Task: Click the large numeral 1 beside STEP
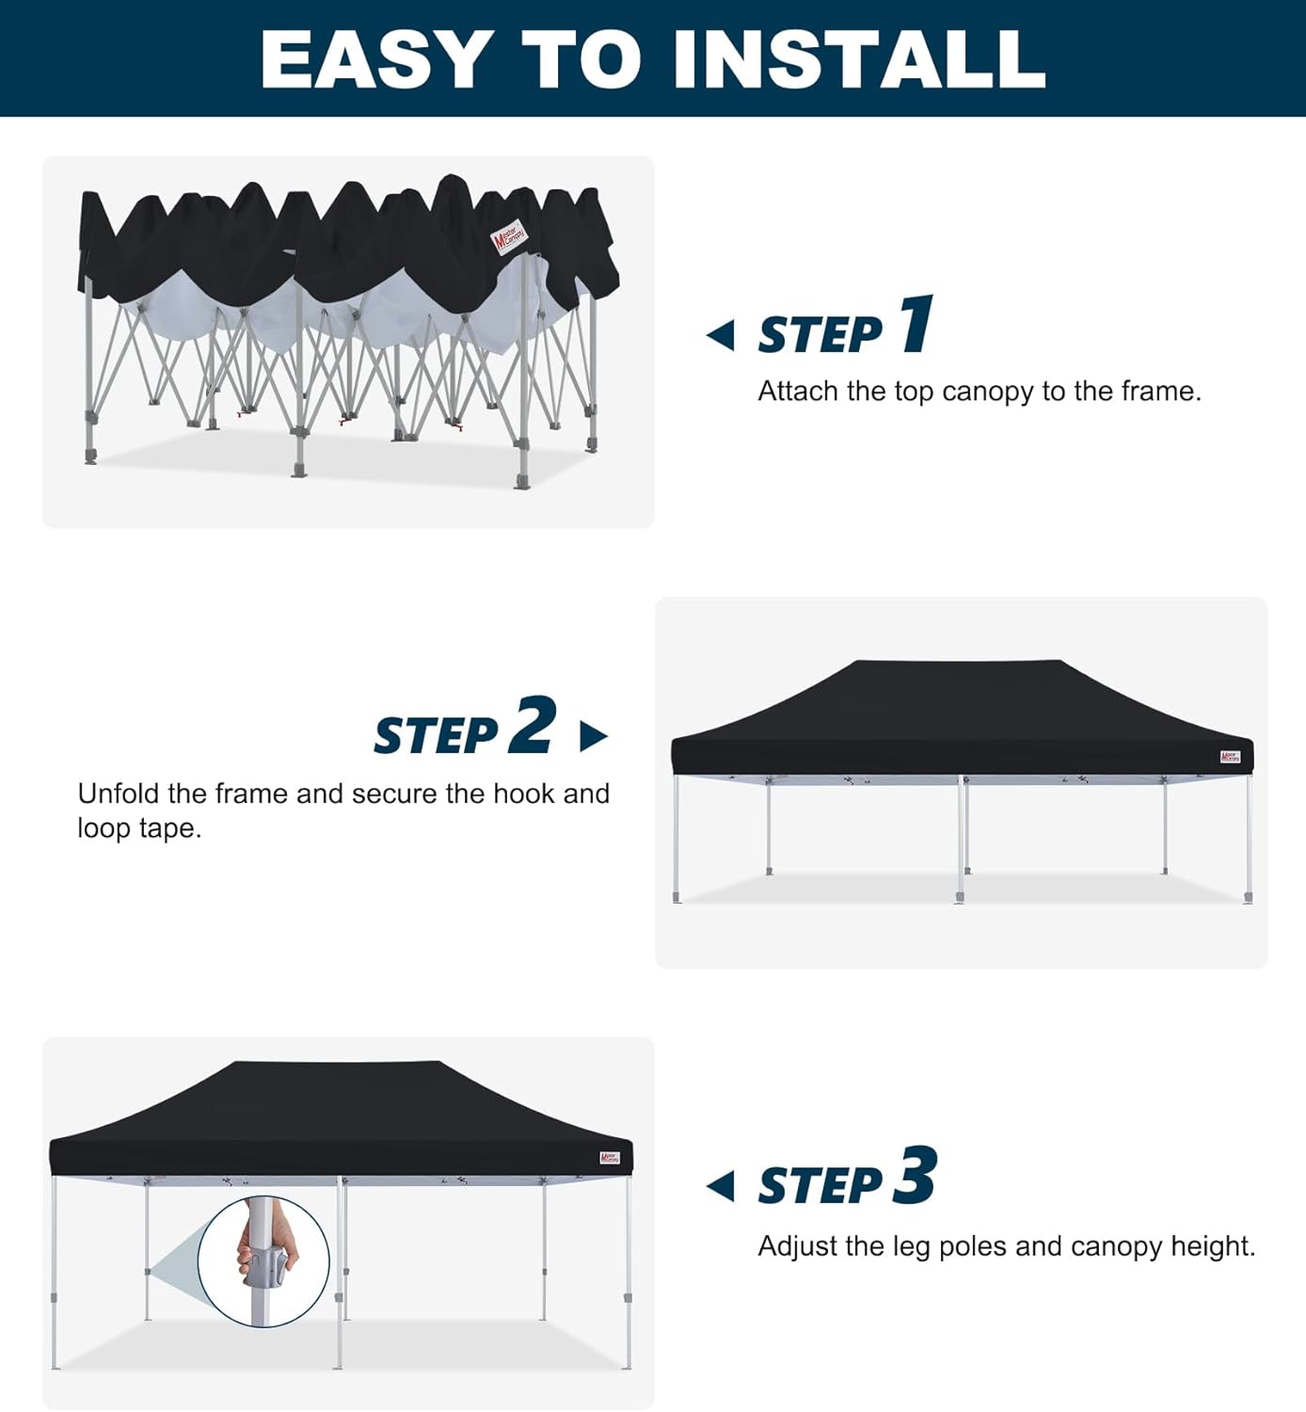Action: pyautogui.click(x=916, y=324)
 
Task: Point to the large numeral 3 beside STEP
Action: pyautogui.click(x=915, y=1176)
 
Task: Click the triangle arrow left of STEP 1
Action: pyautogui.click(x=721, y=335)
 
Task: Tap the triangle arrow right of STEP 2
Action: pyautogui.click(x=593, y=736)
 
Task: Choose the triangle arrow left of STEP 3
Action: pyautogui.click(x=721, y=1186)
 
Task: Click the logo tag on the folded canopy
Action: pyautogui.click(x=510, y=237)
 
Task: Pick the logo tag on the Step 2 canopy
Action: pyautogui.click(x=1230, y=757)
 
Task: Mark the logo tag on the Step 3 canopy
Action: pyautogui.click(x=610, y=1158)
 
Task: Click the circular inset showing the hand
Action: pyautogui.click(x=264, y=1261)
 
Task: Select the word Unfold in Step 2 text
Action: pyautogui.click(x=119, y=794)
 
